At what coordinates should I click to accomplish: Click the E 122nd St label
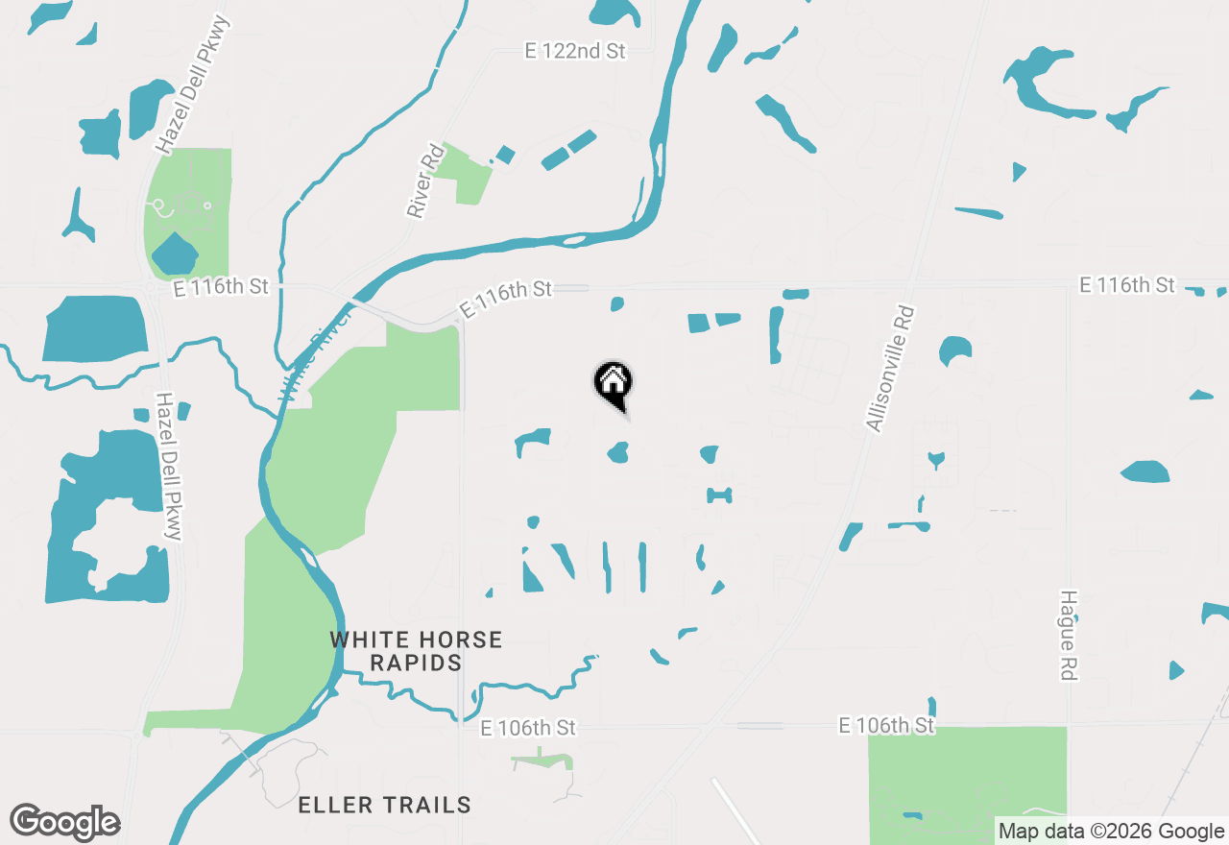coord(575,52)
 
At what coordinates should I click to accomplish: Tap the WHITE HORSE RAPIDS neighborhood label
coord(416,651)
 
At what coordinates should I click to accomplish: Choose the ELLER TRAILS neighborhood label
coord(384,805)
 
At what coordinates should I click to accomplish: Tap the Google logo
coord(64,822)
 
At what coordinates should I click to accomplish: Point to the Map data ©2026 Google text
coord(1111,832)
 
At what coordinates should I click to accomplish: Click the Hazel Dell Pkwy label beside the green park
coord(188,84)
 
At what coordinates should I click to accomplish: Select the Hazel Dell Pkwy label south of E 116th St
coord(169,466)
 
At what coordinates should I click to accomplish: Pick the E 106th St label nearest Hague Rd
coord(886,725)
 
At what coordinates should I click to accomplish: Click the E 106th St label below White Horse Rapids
coord(528,728)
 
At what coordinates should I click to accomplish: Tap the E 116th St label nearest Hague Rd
coord(1126,285)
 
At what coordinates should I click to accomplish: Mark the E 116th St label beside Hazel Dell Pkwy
coord(221,287)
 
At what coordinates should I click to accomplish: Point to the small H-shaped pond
coord(719,495)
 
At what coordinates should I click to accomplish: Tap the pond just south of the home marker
coord(618,451)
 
